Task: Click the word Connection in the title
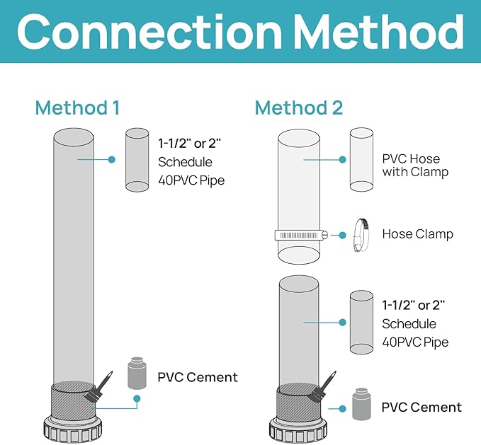click(149, 31)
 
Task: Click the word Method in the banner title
click(379, 31)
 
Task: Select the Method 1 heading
click(77, 108)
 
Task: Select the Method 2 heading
click(299, 108)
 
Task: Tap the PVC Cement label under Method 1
click(198, 377)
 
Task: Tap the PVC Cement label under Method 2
click(421, 408)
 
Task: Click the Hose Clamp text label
click(417, 234)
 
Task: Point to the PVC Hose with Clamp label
click(415, 166)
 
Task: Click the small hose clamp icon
click(361, 235)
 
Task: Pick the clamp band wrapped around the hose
click(301, 235)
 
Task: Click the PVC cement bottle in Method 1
click(137, 373)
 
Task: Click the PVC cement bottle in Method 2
click(361, 404)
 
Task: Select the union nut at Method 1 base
click(73, 430)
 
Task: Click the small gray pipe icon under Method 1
click(137, 160)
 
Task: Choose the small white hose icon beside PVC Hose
click(362, 160)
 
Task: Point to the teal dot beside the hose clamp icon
click(343, 235)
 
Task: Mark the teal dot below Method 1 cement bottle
click(137, 398)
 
